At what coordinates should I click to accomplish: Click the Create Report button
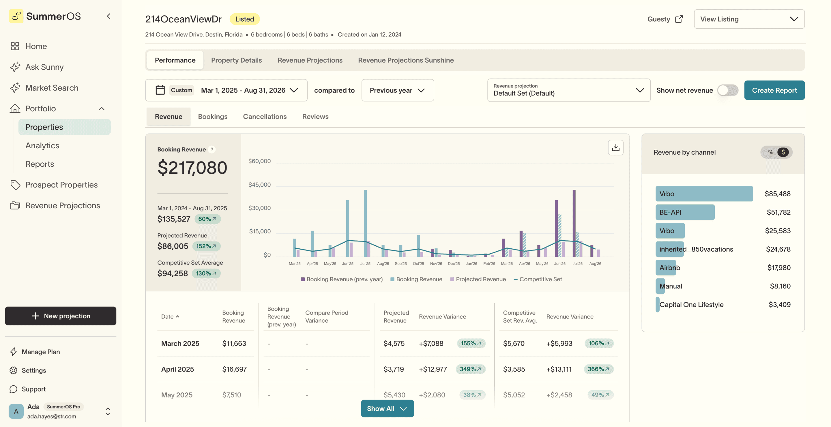774,90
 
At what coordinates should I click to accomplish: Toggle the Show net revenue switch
727,90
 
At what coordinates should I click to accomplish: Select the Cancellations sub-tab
265,117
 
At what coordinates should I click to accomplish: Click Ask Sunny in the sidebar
44,67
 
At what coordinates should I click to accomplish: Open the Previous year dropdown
397,90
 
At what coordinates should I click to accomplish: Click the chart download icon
615,148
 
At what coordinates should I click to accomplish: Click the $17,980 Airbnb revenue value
778,268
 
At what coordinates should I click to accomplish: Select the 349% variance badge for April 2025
470,369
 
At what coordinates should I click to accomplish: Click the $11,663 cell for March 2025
234,343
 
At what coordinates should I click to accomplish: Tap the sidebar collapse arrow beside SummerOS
109,16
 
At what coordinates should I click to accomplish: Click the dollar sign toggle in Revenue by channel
783,152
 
